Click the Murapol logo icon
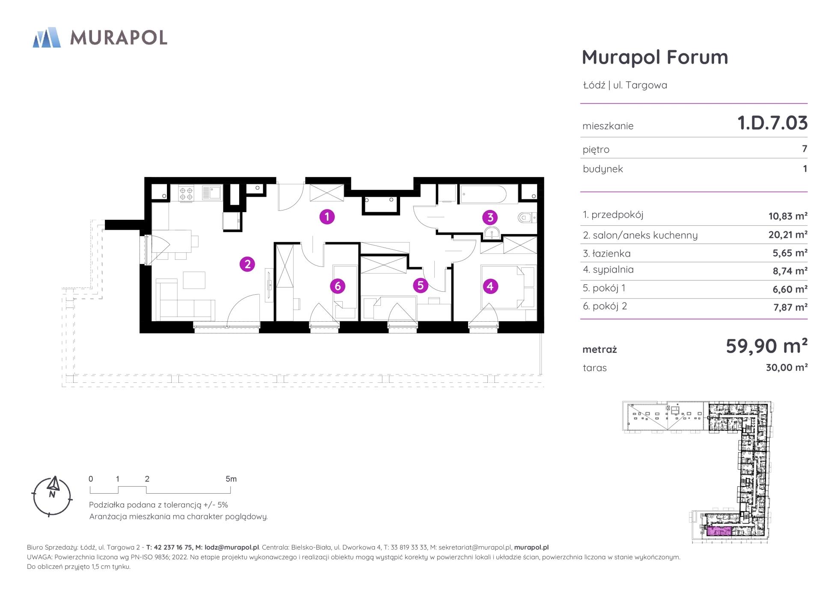click(x=47, y=37)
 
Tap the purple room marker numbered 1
click(x=327, y=217)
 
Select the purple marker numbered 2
click(x=247, y=264)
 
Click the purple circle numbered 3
click(x=490, y=217)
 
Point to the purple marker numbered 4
click(x=490, y=286)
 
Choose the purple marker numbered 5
click(x=420, y=285)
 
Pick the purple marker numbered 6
click(x=338, y=286)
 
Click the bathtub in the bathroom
click(x=483, y=194)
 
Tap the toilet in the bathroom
click(x=526, y=218)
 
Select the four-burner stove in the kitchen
click(x=186, y=193)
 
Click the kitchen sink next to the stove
click(x=211, y=193)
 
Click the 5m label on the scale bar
click(x=231, y=479)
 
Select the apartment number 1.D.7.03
click(x=772, y=123)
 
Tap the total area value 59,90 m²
click(x=766, y=346)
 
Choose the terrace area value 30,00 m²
click(x=787, y=367)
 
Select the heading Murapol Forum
click(x=655, y=57)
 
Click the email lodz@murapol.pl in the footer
click(x=232, y=547)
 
